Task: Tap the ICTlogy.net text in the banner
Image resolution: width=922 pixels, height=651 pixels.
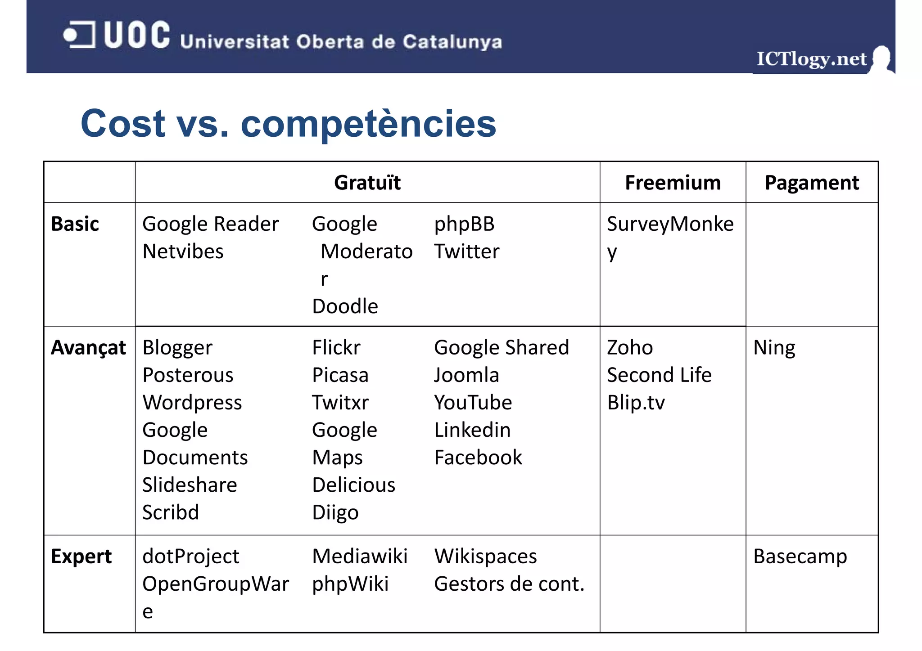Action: [811, 59]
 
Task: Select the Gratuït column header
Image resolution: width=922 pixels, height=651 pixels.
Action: [367, 183]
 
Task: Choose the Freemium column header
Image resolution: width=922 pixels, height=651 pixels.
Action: [673, 183]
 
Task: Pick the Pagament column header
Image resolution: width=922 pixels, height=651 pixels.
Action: [812, 183]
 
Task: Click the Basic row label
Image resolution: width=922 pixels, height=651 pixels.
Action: [75, 224]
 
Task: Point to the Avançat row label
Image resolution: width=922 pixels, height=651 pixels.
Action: [88, 348]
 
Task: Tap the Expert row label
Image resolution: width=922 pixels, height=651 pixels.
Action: [81, 557]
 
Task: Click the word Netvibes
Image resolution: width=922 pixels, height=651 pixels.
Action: [183, 251]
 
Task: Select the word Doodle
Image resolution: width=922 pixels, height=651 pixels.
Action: [345, 306]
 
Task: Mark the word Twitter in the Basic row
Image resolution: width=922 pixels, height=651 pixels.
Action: [466, 251]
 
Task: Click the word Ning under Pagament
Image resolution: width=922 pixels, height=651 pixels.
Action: [774, 348]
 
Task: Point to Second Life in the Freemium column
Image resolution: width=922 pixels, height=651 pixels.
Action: [659, 375]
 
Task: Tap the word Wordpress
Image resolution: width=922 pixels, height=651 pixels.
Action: [192, 403]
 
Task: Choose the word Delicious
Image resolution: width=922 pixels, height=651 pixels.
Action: [354, 485]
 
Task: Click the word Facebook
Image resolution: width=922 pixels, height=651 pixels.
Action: [478, 458]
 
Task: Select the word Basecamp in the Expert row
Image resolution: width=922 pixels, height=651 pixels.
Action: [800, 557]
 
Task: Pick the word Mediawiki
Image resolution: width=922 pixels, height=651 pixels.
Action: [360, 557]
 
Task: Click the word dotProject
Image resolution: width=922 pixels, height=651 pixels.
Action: [191, 557]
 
